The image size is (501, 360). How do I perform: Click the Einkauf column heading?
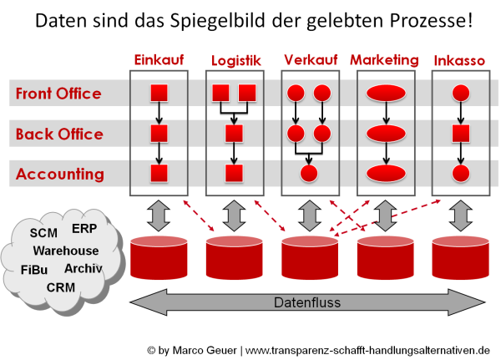pyautogui.click(x=159, y=60)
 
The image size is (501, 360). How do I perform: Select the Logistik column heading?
pyautogui.click(x=236, y=61)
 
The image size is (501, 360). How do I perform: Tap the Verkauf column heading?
pyautogui.click(x=311, y=60)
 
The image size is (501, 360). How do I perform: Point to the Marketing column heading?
pyautogui.click(x=384, y=60)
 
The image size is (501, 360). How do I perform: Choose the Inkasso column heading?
pyautogui.click(x=460, y=61)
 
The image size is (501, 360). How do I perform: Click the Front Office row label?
pyautogui.click(x=58, y=94)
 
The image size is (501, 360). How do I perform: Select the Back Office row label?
pyautogui.click(x=59, y=134)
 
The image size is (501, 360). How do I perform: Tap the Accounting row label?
pyautogui.click(x=60, y=174)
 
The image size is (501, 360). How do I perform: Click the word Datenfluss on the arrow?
pyautogui.click(x=307, y=302)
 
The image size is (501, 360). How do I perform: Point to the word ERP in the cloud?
pyautogui.click(x=84, y=229)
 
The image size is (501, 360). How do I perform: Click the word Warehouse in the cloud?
pyautogui.click(x=66, y=251)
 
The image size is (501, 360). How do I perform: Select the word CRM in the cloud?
pyautogui.click(x=61, y=287)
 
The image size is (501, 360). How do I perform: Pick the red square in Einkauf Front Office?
pyautogui.click(x=159, y=93)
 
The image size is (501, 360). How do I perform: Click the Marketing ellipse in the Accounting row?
pyautogui.click(x=385, y=174)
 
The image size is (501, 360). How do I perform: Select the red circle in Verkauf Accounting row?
pyautogui.click(x=309, y=174)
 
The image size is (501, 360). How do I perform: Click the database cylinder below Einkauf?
pyautogui.click(x=159, y=257)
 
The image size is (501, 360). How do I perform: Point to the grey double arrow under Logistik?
pyautogui.click(x=235, y=215)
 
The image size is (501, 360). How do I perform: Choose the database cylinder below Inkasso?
pyautogui.click(x=460, y=257)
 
